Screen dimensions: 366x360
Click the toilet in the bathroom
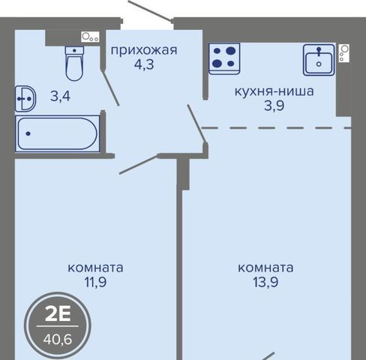[x=74, y=64]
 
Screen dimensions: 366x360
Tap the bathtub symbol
[x=57, y=133]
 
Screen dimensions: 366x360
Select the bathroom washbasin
[x=25, y=99]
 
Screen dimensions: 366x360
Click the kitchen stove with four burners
[x=224, y=58]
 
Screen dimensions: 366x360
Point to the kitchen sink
[x=319, y=60]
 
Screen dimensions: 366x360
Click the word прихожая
[x=144, y=50]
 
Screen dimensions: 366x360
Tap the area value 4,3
[x=144, y=64]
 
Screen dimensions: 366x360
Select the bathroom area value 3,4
[x=60, y=96]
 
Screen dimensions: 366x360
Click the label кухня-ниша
[x=274, y=91]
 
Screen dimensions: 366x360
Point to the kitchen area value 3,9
[x=274, y=106]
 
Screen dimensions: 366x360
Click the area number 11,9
[x=95, y=283]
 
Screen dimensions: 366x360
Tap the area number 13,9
[x=265, y=283]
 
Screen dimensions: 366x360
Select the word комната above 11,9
[x=95, y=268]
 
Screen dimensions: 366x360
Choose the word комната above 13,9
[x=265, y=268]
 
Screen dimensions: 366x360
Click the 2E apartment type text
[x=58, y=314]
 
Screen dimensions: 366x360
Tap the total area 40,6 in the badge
[x=58, y=340]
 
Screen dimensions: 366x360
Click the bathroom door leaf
[x=110, y=87]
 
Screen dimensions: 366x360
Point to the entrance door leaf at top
[x=150, y=10]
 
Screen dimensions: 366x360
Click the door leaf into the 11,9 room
[x=139, y=164]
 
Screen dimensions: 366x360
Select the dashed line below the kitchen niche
[x=276, y=128]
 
